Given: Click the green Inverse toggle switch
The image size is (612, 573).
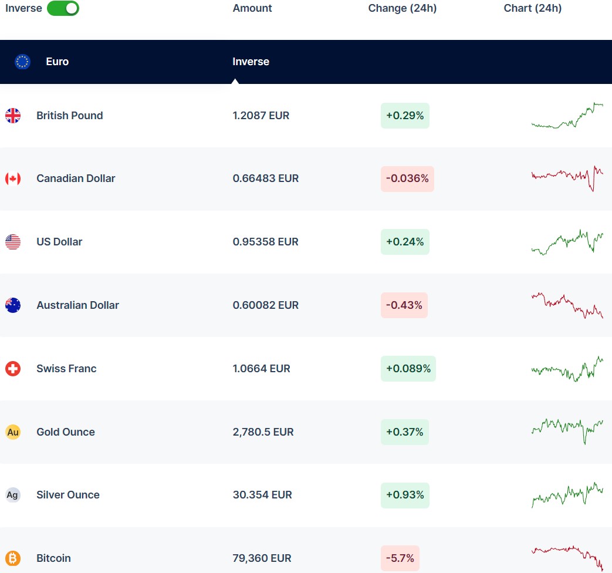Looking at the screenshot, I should [63, 8].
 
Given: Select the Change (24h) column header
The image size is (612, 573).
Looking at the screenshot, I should [402, 8].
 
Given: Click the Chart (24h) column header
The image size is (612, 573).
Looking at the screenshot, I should [532, 8].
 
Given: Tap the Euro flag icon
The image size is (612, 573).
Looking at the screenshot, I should [22, 62].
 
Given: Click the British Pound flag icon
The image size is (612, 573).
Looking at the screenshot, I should [13, 116].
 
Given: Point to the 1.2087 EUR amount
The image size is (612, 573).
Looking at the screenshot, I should [261, 116].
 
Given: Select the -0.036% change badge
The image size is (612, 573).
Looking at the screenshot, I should [407, 178].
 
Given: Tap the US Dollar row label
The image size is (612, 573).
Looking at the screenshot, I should [59, 242].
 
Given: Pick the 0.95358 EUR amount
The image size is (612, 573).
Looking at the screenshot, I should [265, 242].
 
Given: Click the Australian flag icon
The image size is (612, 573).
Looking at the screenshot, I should [13, 305].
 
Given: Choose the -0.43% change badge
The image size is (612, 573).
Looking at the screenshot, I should [404, 305].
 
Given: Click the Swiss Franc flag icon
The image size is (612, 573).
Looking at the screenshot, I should [13, 369].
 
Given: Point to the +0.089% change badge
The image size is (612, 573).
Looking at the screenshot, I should [408, 369].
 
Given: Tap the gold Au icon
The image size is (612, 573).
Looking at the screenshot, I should [13, 432].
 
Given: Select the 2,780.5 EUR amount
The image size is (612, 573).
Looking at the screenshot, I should [263, 432].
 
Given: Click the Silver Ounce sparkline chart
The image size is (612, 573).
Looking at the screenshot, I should [567, 495].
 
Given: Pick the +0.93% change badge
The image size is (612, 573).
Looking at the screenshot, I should [405, 495].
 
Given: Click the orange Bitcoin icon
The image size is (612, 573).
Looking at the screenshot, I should [13, 558].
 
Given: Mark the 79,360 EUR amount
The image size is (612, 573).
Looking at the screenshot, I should [262, 558].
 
